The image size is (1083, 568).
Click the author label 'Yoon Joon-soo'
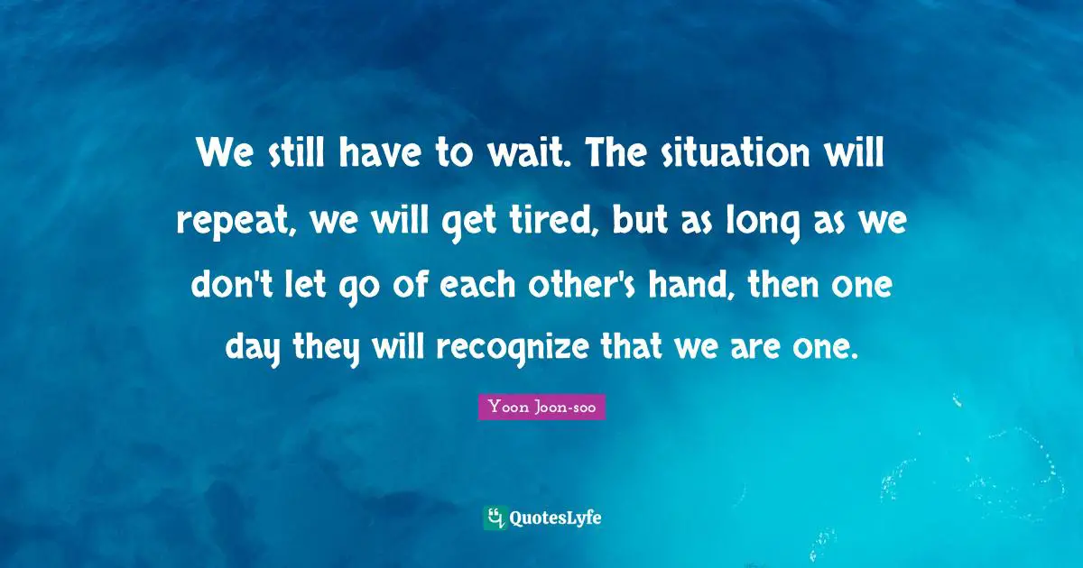[x=541, y=408]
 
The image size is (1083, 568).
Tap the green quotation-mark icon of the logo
[x=495, y=518]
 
